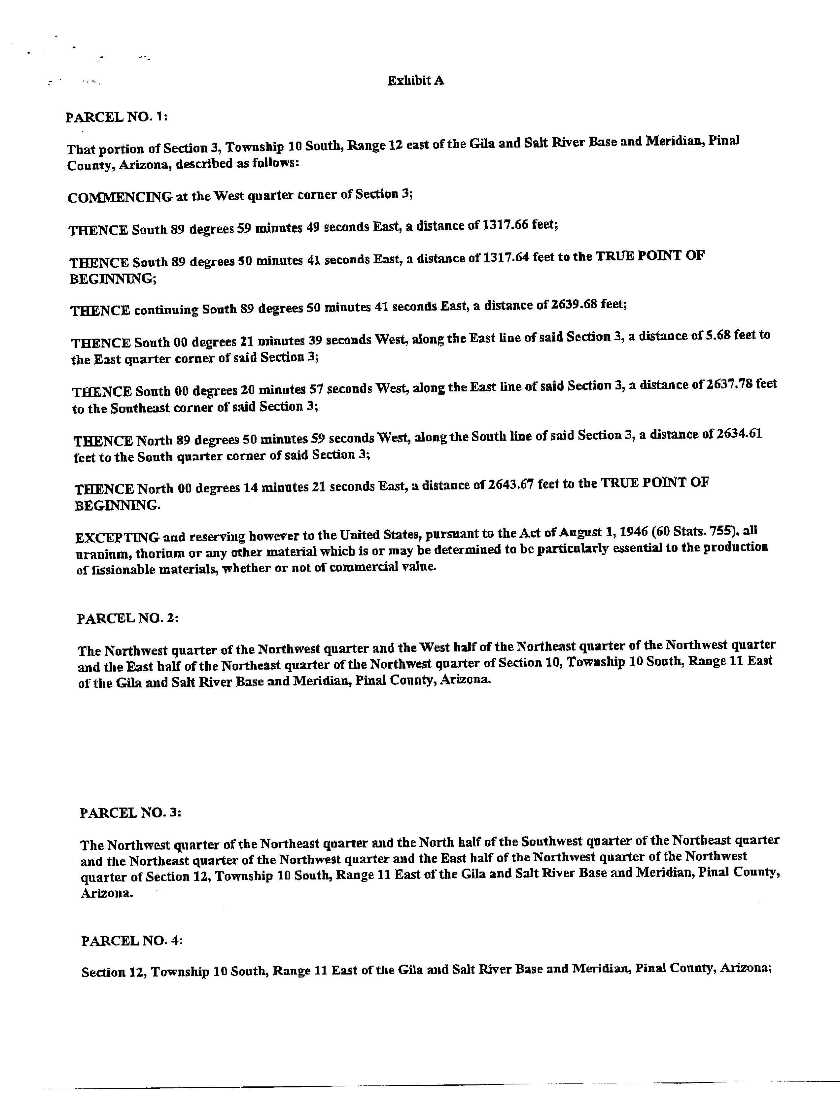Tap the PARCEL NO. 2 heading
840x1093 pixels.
coord(127,618)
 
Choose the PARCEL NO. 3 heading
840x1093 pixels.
coord(130,812)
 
